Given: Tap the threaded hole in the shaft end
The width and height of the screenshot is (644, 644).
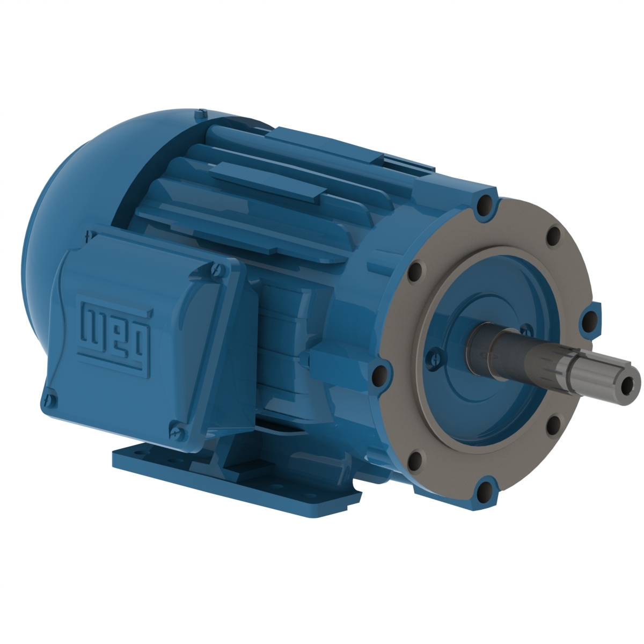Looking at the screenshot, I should tap(624, 383).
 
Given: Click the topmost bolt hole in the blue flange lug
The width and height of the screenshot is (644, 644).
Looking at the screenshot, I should tap(485, 204).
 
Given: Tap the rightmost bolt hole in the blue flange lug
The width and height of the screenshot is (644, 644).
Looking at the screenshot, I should tap(589, 321).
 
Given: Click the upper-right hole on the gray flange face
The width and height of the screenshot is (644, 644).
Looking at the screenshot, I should tap(553, 235).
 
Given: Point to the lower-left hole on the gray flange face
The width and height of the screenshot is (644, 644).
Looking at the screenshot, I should tap(414, 459).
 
